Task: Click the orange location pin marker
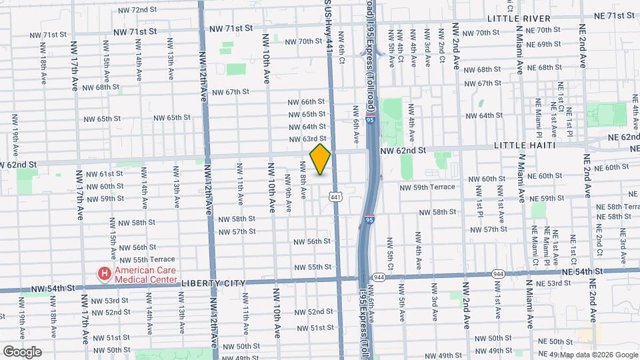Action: [320, 159]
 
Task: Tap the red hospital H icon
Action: [104, 273]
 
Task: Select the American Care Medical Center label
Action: [145, 275]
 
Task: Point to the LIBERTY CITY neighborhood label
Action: [211, 283]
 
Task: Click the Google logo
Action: [22, 351]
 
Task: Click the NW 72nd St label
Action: [137, 11]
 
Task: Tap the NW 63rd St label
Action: [307, 139]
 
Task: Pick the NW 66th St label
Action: [307, 102]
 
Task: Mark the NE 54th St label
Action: [582, 272]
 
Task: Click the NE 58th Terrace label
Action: [614, 207]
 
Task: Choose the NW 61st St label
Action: [102, 174]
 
